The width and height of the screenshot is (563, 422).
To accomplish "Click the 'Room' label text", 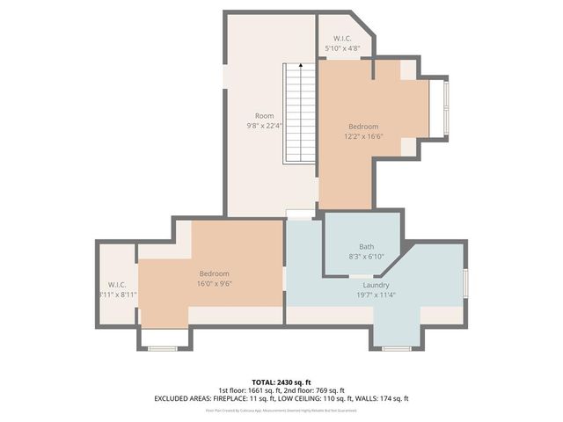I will click(264, 116).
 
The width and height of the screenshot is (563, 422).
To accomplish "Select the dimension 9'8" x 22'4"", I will click(264, 126).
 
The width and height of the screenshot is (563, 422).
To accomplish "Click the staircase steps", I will click(299, 114).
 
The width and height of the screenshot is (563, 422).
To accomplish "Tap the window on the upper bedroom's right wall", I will click(445, 107).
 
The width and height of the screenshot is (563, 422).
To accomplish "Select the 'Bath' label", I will click(366, 246).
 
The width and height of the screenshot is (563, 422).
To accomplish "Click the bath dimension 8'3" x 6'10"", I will click(366, 256).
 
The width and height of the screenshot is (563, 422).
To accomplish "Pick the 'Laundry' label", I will click(377, 285).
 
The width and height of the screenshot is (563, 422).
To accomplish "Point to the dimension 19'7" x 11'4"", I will click(377, 295).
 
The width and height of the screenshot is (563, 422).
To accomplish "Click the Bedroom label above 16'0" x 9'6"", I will click(213, 273).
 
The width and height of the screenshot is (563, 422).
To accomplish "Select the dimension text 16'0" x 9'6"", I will click(213, 284).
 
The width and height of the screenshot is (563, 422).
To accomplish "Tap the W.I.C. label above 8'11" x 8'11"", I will click(117, 285).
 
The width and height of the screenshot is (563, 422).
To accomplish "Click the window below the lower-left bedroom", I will click(163, 349).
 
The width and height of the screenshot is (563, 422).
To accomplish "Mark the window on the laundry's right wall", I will click(465, 285).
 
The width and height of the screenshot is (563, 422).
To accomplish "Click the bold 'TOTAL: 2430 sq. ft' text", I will click(281, 382).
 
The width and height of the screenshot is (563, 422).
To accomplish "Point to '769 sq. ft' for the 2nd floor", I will click(330, 390).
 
